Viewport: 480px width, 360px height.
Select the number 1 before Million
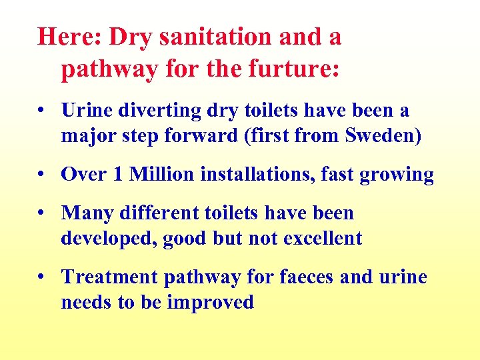(x=118, y=175)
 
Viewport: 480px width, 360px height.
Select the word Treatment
(x=109, y=277)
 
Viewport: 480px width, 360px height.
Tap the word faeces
(x=302, y=277)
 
